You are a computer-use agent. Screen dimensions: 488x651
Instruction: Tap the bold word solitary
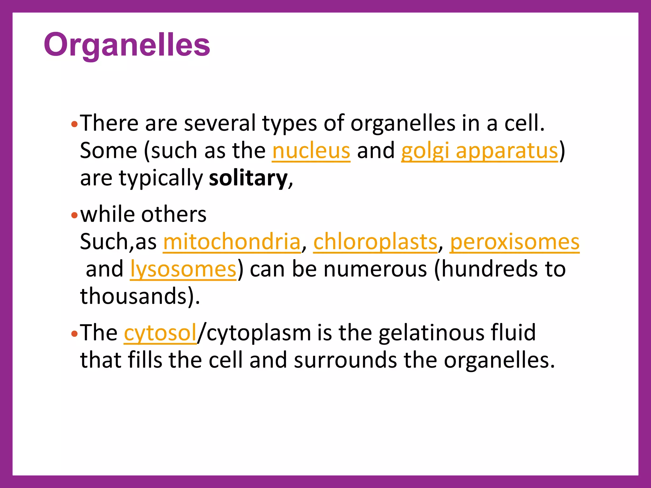(x=248, y=178)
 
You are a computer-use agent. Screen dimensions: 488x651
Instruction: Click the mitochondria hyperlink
(x=231, y=242)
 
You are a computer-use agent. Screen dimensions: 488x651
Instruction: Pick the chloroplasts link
(x=375, y=242)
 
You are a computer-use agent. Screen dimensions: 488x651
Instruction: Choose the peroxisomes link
(x=514, y=242)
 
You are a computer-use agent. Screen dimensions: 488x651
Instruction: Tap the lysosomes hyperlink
(x=183, y=269)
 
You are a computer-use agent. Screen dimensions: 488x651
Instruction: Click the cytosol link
(x=160, y=333)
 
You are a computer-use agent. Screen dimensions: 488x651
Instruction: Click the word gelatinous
(x=431, y=333)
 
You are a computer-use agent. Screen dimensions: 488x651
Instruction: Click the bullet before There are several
(x=74, y=125)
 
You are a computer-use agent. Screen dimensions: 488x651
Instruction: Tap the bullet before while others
(x=74, y=216)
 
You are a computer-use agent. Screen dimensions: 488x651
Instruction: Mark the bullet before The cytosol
(x=74, y=334)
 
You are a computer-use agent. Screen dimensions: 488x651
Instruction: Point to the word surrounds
(x=345, y=360)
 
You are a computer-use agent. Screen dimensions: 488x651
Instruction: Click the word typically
(x=161, y=179)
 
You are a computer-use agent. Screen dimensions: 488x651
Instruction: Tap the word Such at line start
(x=104, y=242)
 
